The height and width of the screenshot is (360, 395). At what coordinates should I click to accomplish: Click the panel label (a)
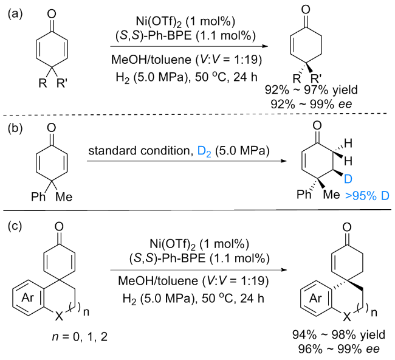pos(15,14)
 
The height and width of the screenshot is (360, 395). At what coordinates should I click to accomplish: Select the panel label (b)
pos(15,128)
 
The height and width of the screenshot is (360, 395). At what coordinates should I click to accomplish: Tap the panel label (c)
pos(15,226)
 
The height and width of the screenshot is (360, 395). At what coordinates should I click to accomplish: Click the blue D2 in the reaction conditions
pos(204,151)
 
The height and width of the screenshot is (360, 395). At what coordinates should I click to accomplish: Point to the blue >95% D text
pos(367,196)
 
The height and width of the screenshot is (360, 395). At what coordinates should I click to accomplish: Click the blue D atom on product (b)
pos(348,179)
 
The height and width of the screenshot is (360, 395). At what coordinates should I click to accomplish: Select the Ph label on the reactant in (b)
pos(38,196)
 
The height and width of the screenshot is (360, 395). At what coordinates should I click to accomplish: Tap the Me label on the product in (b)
pos(332,195)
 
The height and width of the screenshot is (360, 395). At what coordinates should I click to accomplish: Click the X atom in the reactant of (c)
pos(59,316)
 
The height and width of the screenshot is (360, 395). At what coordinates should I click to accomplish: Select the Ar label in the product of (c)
pos(315,298)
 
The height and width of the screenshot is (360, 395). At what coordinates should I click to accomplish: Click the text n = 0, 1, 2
pos(80,337)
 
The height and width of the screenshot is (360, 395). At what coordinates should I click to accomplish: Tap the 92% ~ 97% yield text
pos(311,90)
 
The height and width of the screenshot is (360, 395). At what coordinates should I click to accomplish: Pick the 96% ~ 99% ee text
pos(339,349)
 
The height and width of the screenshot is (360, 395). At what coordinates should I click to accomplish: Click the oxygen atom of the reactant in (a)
pos(52,14)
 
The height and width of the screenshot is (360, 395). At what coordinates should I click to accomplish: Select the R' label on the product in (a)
pos(316,78)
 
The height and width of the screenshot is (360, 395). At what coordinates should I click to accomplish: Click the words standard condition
pos(139,150)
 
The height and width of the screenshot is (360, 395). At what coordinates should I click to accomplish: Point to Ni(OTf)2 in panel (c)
pos(172,244)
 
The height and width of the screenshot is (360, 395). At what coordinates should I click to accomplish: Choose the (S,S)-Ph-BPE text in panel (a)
pos(153,35)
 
